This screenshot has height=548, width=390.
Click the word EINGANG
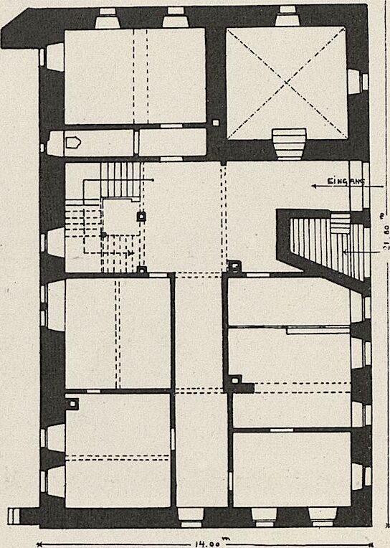coord(346,181)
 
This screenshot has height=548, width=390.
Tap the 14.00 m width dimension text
coord(205,544)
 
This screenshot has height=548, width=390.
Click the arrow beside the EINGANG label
coord(347,186)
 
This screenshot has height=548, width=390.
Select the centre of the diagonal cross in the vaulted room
coord(286,82)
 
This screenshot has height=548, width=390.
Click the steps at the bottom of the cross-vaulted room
coord(289,143)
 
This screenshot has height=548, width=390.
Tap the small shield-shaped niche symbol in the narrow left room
coord(73,143)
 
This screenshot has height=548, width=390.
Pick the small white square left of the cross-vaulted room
coord(216,123)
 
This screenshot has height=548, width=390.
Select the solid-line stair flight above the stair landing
coord(121,179)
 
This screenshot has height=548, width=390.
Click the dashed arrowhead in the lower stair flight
coord(130,252)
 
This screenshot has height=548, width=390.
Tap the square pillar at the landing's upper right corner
coord(141,217)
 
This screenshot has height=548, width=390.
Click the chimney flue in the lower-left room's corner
coord(72,403)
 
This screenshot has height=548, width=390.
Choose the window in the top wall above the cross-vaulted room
coord(287,16)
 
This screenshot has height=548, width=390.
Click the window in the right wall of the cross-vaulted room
coord(358,82)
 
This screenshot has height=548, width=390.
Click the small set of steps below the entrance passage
coord(340,223)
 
